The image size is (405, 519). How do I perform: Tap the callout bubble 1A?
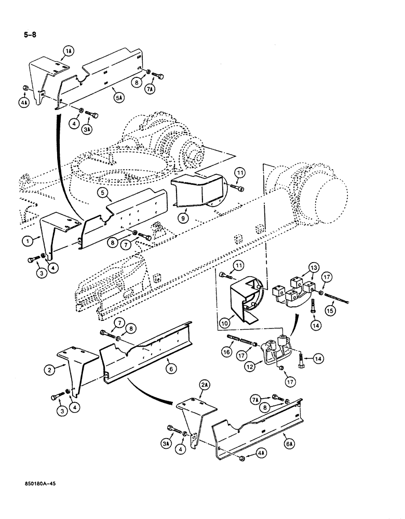pyautogui.click(x=70, y=50)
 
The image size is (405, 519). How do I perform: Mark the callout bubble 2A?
pyautogui.click(x=201, y=385)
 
